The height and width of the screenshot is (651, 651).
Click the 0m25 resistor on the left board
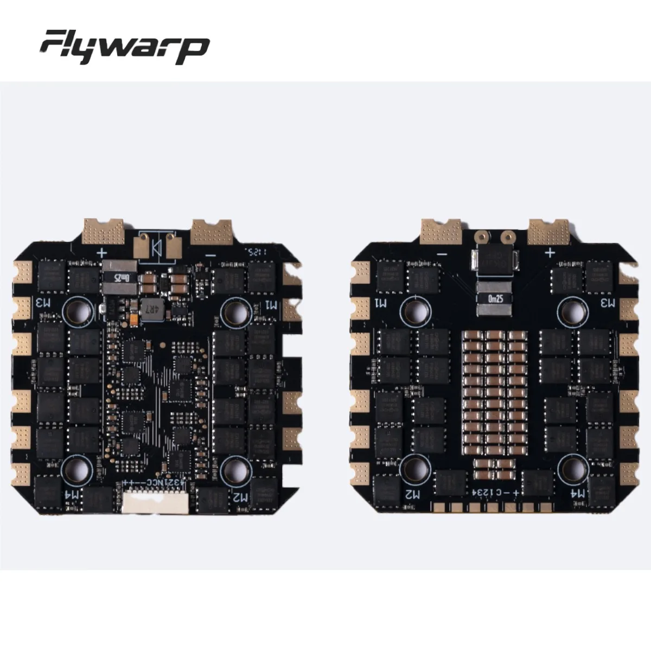[116, 277]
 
